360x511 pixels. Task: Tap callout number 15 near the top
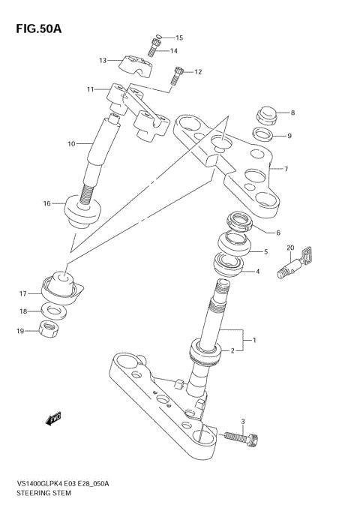[x=178, y=38]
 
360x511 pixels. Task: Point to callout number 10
[x=72, y=143]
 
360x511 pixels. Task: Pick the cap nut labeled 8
[x=265, y=116]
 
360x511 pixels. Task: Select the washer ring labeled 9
[x=262, y=136]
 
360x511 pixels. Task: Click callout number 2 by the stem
[x=232, y=350]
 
